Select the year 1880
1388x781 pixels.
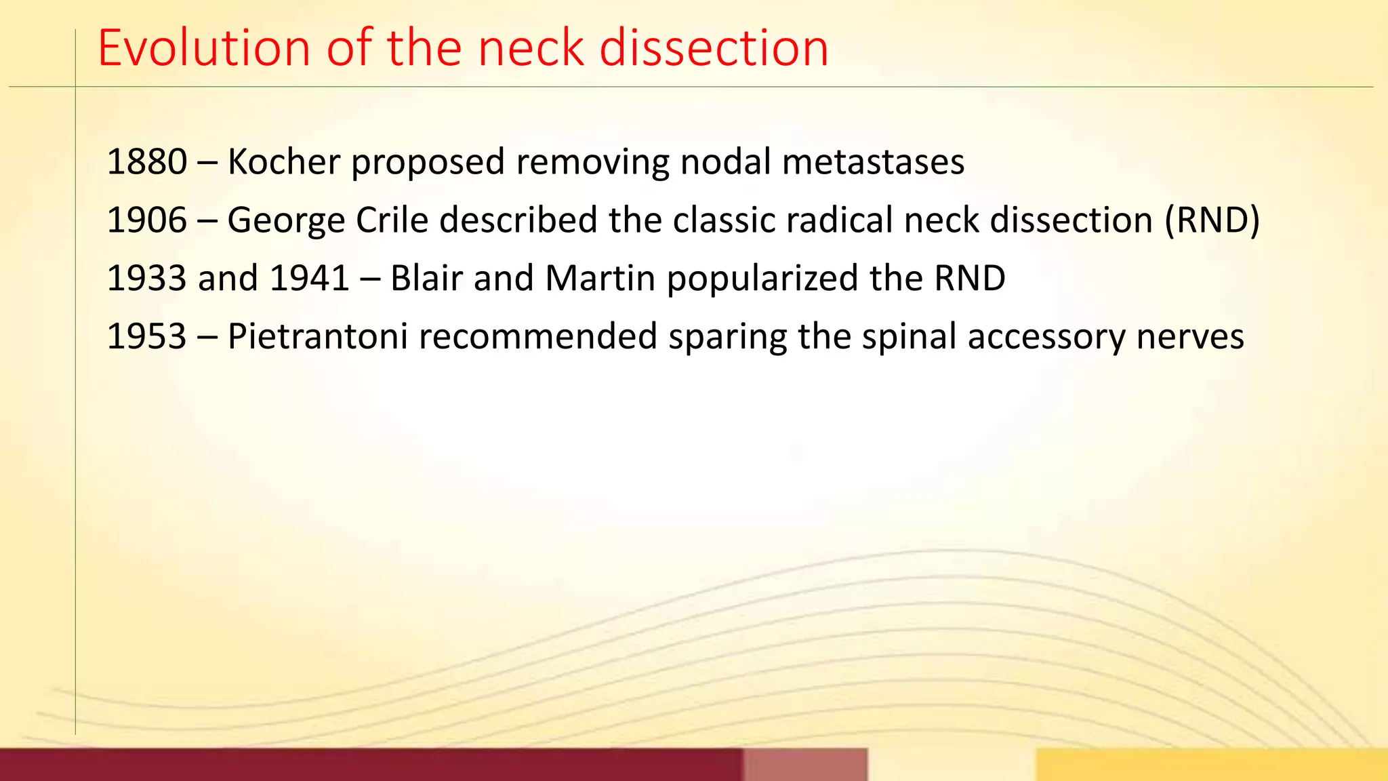coord(147,162)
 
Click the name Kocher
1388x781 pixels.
coord(284,162)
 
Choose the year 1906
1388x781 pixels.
coord(147,220)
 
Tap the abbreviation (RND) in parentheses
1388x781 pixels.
coord(1212,220)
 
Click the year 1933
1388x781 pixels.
coord(147,279)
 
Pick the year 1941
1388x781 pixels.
coord(310,279)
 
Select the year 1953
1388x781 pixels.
coord(147,337)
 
